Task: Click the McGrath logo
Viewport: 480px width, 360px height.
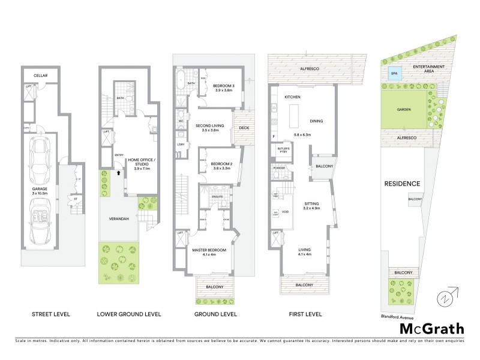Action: pos(431,328)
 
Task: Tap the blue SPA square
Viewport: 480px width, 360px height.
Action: pos(394,74)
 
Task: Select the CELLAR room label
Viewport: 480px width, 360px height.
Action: pos(40,76)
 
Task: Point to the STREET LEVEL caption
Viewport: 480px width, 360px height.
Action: pos(51,314)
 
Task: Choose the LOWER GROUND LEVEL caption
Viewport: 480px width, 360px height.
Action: pos(128,314)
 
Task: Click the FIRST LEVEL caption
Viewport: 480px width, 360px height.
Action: pos(305,314)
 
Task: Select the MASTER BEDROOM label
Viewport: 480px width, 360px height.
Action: pos(208,251)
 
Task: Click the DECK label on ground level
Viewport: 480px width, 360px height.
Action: pos(244,128)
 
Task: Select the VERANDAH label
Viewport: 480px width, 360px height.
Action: pos(119,219)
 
